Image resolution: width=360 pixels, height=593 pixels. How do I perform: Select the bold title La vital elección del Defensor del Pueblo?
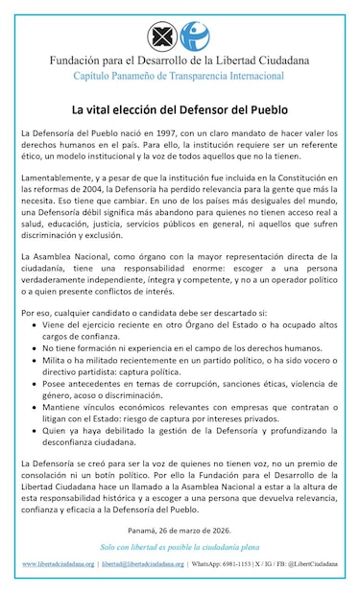pyautogui.click(x=179, y=110)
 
